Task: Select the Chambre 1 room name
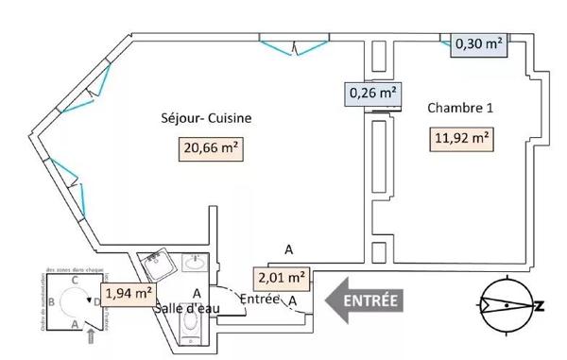[460, 108]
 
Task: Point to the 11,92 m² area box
[462, 139]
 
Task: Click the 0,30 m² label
[477, 43]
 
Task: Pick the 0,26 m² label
[373, 94]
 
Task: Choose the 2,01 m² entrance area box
[282, 278]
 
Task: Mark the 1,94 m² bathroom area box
[129, 293]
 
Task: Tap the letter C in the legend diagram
[73, 282]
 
